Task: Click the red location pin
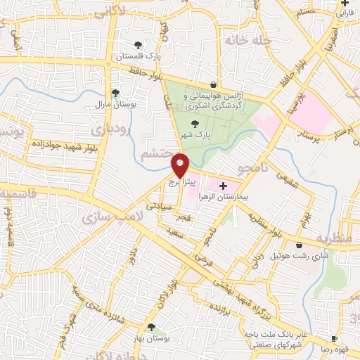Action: click(181, 165)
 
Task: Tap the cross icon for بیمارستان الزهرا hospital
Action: click(224, 186)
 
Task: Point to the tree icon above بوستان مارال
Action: click(115, 92)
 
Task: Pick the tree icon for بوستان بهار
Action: click(152, 326)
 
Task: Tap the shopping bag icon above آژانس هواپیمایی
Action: click(213, 84)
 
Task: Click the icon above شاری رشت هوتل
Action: click(300, 245)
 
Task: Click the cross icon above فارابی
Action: click(345, 4)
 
